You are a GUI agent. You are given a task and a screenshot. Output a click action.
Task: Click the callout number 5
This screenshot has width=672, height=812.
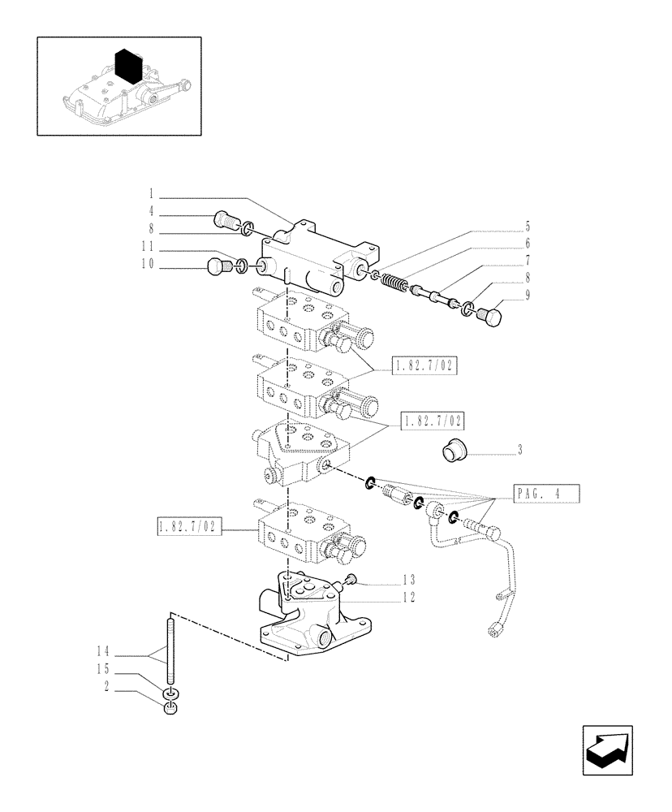(527, 226)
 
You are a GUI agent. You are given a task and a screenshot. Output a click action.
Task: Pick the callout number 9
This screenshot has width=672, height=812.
(527, 296)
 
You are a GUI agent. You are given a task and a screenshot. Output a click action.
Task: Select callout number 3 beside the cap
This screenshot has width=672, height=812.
(519, 449)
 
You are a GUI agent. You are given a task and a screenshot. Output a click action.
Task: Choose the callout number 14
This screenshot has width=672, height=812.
(101, 650)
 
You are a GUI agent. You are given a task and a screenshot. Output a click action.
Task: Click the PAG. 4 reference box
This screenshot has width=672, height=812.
(546, 494)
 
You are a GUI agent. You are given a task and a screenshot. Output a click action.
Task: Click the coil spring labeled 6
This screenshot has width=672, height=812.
(393, 284)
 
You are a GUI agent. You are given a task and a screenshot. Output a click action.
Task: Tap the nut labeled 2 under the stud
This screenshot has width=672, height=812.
(170, 710)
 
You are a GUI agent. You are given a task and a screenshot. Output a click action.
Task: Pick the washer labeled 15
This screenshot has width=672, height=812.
(170, 694)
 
